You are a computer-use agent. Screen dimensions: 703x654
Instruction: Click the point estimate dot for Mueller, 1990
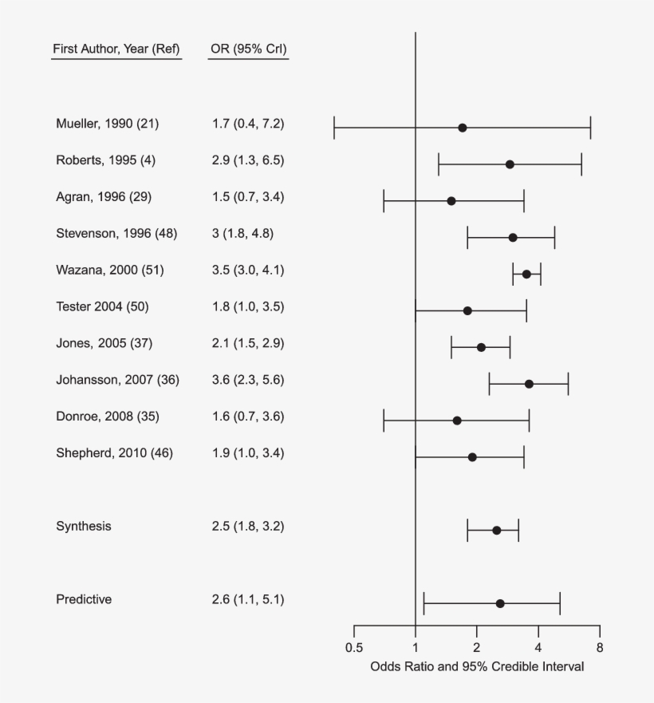[x=462, y=128]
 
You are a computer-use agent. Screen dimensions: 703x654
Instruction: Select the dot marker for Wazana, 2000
[x=526, y=274]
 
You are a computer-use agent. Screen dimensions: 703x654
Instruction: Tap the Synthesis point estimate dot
[x=496, y=530]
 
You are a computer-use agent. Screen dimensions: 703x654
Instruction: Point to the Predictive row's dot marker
[x=500, y=603]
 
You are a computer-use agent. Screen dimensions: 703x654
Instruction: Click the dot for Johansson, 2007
[x=529, y=384]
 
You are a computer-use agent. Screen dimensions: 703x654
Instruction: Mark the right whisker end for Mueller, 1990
[x=590, y=128]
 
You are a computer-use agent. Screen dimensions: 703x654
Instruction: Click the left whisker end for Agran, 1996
[x=384, y=201]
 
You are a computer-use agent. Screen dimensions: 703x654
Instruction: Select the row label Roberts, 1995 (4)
[x=105, y=160]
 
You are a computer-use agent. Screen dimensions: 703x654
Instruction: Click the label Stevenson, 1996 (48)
[x=116, y=233]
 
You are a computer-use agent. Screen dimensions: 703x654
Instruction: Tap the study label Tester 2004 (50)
[x=102, y=306]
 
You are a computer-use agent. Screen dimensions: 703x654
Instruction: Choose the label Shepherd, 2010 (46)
[x=114, y=453]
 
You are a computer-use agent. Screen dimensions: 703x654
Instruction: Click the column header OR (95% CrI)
[x=248, y=49]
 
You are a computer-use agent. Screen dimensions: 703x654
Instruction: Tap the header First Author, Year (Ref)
[x=116, y=49]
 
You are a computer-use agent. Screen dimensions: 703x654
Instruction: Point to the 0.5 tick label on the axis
[x=354, y=648]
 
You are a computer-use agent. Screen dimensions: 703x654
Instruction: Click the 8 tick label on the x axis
[x=600, y=648]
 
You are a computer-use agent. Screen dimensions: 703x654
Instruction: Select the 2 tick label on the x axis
[x=477, y=648]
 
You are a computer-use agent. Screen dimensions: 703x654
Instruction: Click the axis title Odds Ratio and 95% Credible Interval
[x=477, y=666]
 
